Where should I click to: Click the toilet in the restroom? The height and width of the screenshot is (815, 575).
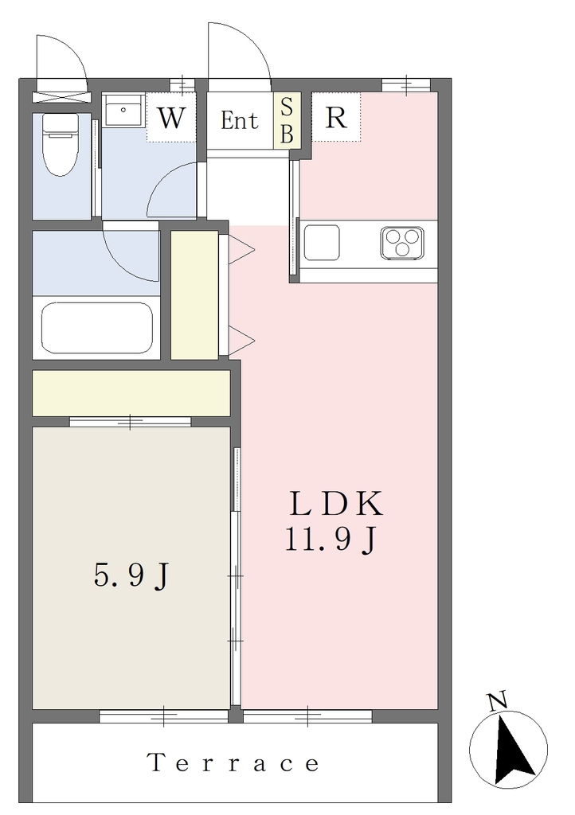coord(61,145)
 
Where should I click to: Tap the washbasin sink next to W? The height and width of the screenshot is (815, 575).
coord(123,110)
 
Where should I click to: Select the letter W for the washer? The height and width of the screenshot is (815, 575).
coord(171,119)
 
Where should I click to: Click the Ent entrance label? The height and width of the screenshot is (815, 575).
coord(239,120)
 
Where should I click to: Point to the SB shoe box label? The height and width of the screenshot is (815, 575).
coord(287,121)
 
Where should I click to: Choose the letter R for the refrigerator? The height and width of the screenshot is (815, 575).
coord(336,118)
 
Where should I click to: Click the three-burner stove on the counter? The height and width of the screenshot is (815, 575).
coord(401,243)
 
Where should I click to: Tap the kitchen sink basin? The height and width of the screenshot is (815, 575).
coord(322,242)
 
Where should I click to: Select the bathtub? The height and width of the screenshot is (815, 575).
coord(97,327)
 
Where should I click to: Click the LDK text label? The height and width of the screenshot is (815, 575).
coord(336,504)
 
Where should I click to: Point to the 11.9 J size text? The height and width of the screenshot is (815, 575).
coord(330,540)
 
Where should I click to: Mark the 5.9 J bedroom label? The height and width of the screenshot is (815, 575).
coord(131,576)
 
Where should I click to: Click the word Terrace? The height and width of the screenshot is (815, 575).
coord(233,763)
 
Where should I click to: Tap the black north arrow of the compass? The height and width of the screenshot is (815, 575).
coord(512,750)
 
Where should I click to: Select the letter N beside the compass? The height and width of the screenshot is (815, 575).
coord(498,702)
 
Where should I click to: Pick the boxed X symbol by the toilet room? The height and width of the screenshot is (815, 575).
coord(61,96)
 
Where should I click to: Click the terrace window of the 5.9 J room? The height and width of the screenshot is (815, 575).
coord(164,717)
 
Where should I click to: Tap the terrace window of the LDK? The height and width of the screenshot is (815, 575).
coord(307,717)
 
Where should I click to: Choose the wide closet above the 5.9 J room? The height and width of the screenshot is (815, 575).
coord(131,393)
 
